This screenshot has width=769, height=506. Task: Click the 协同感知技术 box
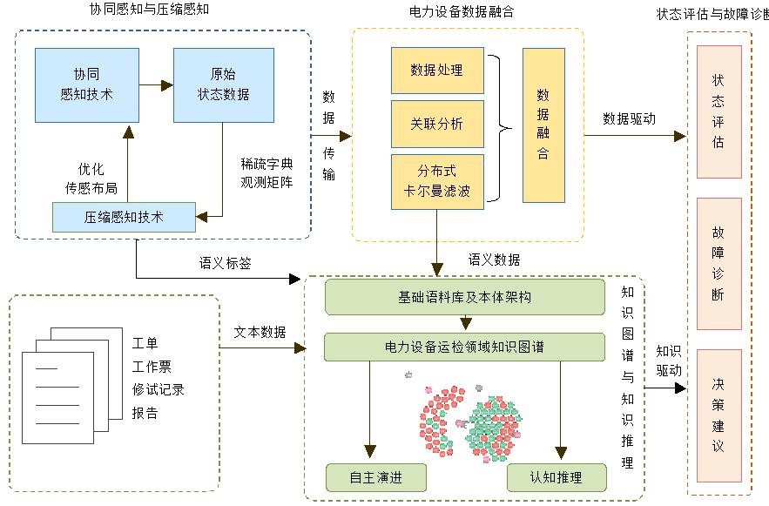pyautogui.click(x=86, y=84)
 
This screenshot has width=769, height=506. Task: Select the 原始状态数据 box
pyautogui.click(x=222, y=84)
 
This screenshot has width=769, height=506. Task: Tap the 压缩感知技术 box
pyautogui.click(x=124, y=217)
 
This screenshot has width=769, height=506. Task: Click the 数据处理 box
pyautogui.click(x=436, y=71)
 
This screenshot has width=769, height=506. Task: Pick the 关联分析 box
pyautogui.click(x=436, y=124)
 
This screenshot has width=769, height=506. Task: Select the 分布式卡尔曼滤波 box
pyautogui.click(x=436, y=180)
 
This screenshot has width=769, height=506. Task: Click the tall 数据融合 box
pyautogui.click(x=543, y=124)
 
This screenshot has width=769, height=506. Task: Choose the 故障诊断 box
pyautogui.click(x=718, y=263)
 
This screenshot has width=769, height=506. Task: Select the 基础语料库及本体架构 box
pyautogui.click(x=464, y=297)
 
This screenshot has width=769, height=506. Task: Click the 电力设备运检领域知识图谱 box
pyautogui.click(x=464, y=347)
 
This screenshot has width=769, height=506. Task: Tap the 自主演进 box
pyautogui.click(x=375, y=477)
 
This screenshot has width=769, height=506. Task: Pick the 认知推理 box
pyautogui.click(x=556, y=477)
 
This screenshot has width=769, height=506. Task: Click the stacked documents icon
pyautogui.click(x=70, y=374)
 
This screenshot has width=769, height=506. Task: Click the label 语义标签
pyautogui.click(x=225, y=263)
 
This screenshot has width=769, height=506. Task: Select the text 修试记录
pyautogui.click(x=158, y=389)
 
